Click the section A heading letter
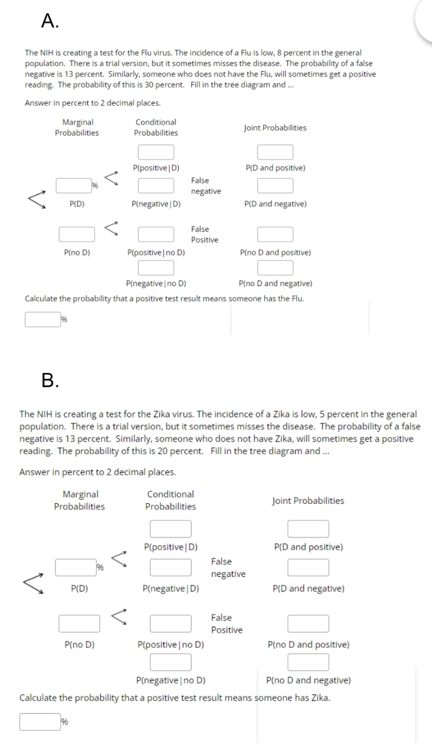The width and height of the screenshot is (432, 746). coord(49,21)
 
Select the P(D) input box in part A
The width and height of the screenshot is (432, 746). coord(74,186)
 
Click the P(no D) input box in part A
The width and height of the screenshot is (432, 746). coord(77,234)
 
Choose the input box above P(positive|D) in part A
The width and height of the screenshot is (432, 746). coord(156,153)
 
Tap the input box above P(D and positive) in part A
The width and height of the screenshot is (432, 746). coord(275,153)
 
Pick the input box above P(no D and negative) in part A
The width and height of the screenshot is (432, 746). coord(275,268)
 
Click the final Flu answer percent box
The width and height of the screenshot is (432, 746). coord(42,319)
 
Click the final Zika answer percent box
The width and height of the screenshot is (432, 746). coord(39,722)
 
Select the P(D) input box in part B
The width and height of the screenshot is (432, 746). coord(75,567)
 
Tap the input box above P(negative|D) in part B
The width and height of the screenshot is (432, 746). coord(171,567)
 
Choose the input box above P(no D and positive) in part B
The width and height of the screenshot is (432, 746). coord(308,623)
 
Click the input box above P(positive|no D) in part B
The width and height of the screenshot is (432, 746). coord(171,623)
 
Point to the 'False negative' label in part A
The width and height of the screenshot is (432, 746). coord(206,186)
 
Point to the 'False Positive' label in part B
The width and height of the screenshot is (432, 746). coord(227,623)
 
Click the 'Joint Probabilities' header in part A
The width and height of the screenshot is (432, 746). coord(275,128)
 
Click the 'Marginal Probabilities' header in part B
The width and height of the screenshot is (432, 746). coord(79,500)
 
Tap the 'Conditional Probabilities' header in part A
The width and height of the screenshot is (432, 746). coord(156,127)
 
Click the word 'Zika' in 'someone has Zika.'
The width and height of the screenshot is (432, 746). coord(319,698)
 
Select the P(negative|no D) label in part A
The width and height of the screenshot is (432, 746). coord(156,284)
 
